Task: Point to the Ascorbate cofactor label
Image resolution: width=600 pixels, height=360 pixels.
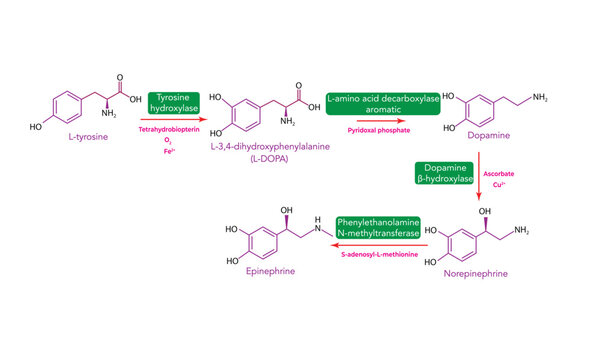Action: pos(499,174)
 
